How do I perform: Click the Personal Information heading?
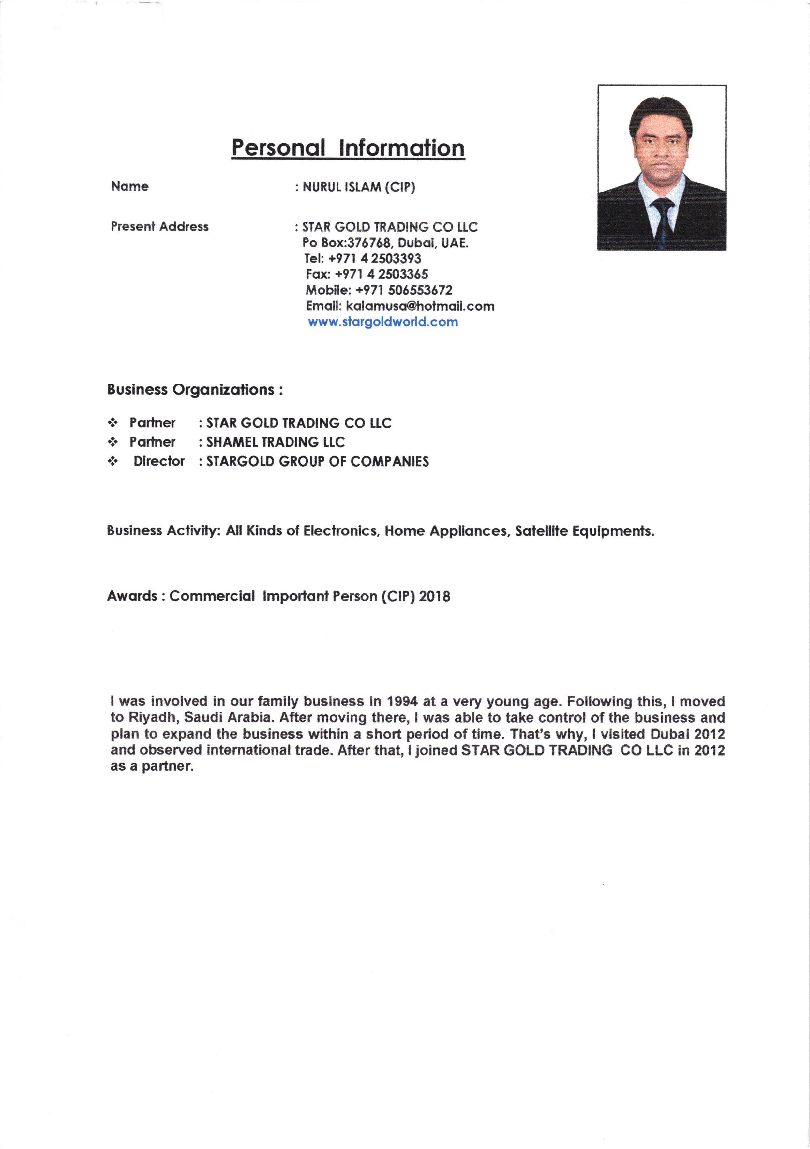(348, 148)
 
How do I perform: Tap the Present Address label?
(159, 227)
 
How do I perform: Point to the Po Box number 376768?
(369, 243)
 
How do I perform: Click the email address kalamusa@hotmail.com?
(420, 306)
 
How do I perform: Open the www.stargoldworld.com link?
(383, 322)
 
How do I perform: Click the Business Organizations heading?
(195, 390)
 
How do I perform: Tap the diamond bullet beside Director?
(113, 461)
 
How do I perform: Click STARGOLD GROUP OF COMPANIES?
(317, 461)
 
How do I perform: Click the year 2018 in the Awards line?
(435, 596)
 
